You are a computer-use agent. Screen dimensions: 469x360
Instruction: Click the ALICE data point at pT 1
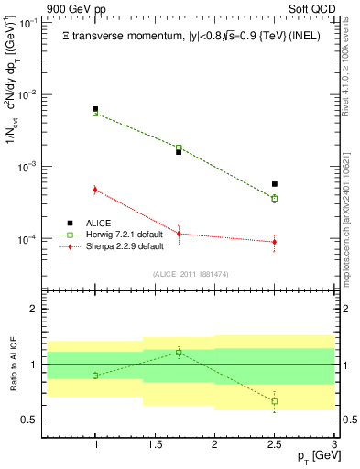coord(95,109)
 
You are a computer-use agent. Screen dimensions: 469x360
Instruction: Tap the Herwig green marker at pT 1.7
coord(179,147)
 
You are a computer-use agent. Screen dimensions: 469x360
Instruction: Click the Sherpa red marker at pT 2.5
coord(274,242)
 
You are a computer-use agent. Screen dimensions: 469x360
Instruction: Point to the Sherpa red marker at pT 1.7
coord(179,234)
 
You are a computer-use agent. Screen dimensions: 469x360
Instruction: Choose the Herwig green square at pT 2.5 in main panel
coord(274,198)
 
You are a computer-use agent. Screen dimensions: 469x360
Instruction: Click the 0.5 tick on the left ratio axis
coord(33,420)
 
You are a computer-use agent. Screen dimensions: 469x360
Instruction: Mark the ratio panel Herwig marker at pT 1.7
coord(179,352)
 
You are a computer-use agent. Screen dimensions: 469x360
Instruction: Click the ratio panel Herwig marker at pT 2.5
coord(274,401)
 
